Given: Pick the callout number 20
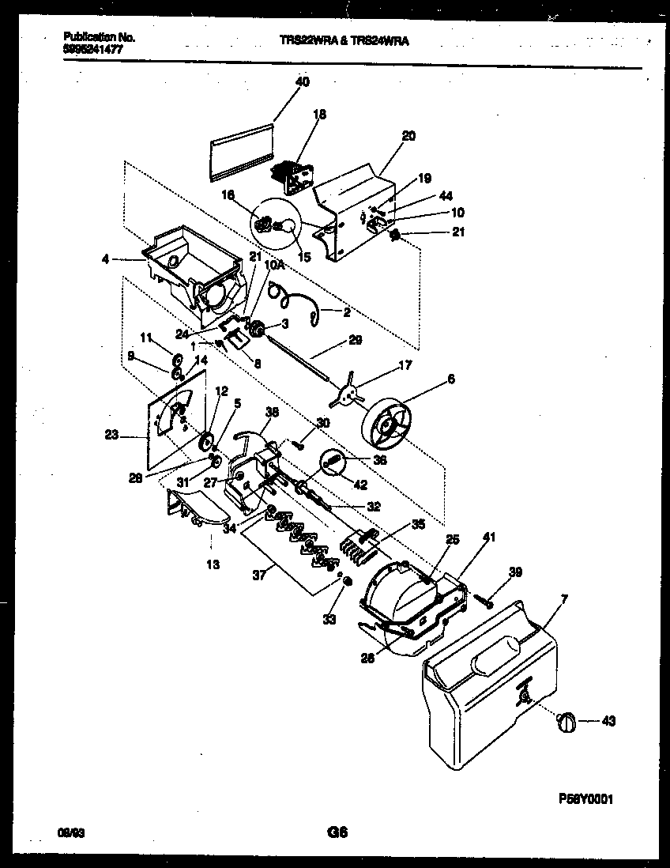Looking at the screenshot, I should (408, 135).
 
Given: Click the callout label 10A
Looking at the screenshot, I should (274, 267).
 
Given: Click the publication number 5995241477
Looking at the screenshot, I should (92, 48).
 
